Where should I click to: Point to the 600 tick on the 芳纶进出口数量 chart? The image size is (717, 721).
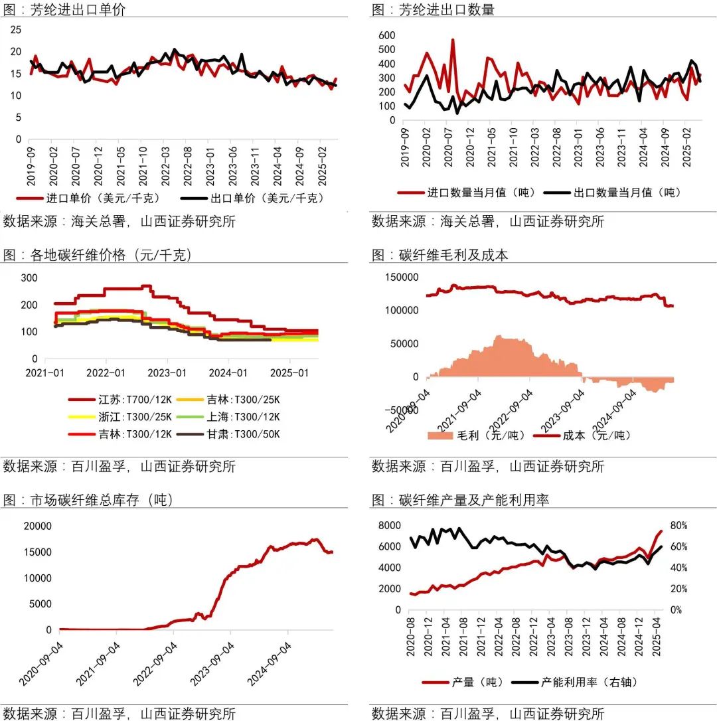[x=386, y=35]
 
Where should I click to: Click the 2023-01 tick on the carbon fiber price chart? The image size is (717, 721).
[x=168, y=373]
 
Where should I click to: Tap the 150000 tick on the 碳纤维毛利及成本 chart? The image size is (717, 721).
[x=401, y=277]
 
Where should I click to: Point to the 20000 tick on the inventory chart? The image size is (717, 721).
[x=38, y=526]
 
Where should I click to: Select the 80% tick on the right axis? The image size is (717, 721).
[x=679, y=526]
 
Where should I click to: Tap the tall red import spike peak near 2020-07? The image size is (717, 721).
[x=453, y=40]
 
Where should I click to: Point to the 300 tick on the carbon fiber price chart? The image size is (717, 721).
[x=29, y=278]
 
